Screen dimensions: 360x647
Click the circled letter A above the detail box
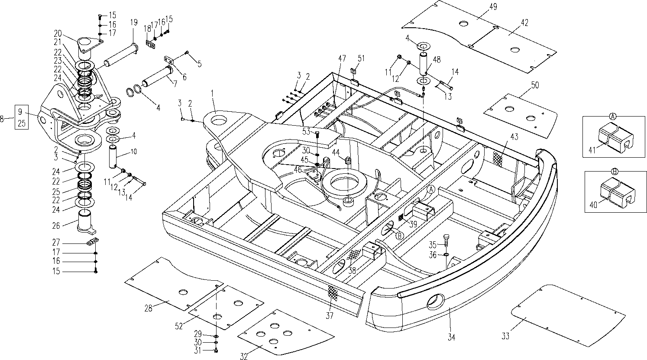tap(613, 116)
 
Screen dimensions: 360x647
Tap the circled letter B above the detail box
tap(614, 171)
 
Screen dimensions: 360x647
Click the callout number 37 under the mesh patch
tap(330, 315)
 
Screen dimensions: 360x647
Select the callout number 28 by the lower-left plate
tap(149, 308)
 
